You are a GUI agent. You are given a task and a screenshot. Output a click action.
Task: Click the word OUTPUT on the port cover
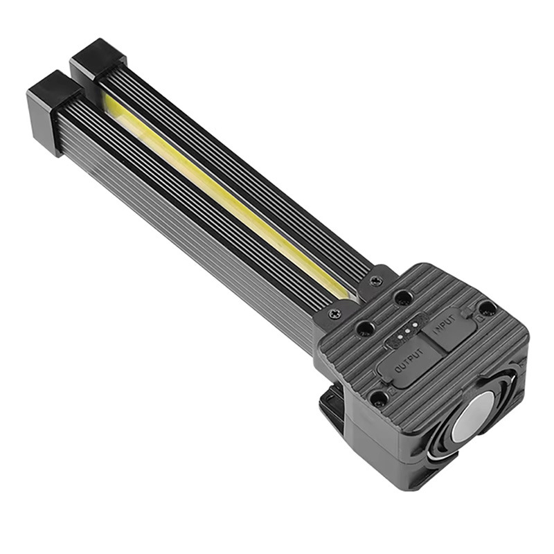point(409,364)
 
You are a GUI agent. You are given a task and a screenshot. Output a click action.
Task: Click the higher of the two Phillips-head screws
point(376,280)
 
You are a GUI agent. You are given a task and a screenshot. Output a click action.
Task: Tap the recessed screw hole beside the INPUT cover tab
point(488,307)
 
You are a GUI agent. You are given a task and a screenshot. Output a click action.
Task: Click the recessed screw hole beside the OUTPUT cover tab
point(378,397)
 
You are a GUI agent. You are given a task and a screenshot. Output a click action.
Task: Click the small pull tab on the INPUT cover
point(478,320)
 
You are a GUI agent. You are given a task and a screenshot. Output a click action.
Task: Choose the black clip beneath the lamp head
point(332,409)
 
